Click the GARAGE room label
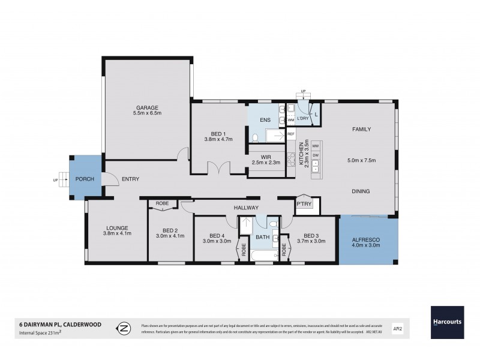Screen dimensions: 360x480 click(146, 108)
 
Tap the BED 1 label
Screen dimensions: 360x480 click(218, 133)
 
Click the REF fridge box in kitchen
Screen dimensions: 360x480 click(291, 134)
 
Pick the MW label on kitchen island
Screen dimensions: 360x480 click(315, 146)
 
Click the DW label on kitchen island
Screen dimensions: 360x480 click(315, 155)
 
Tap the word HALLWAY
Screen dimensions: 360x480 click(246, 208)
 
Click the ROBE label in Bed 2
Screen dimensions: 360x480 click(163, 203)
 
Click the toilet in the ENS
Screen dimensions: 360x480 click(255, 138)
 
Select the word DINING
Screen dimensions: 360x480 click(360, 191)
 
